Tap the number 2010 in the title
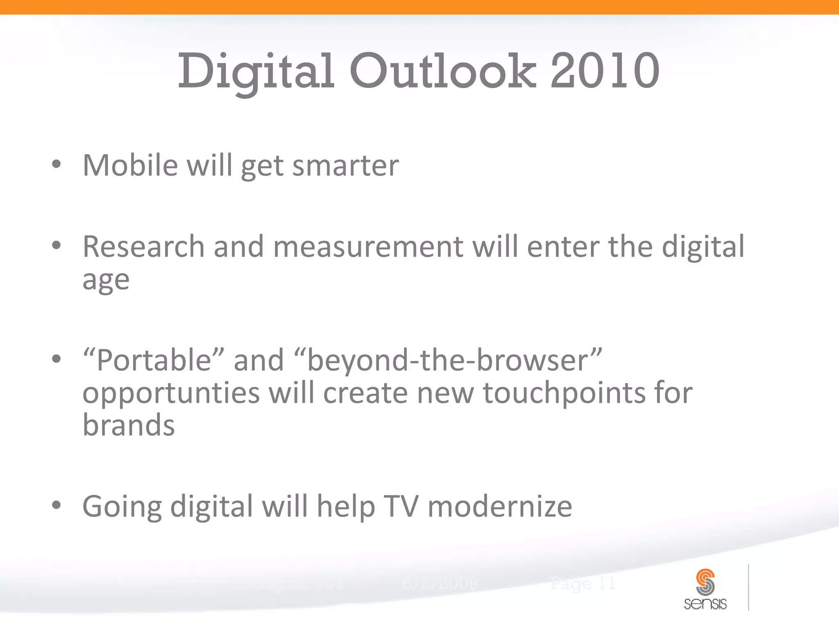[605, 72]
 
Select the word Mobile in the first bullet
[130, 165]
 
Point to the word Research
[143, 247]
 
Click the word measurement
[368, 247]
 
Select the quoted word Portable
[154, 360]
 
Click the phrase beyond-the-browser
[448, 360]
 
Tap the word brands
[129, 425]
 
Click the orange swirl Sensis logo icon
[705, 582]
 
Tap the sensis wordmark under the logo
[705, 604]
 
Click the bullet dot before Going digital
[57, 505]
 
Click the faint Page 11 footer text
[583, 583]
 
